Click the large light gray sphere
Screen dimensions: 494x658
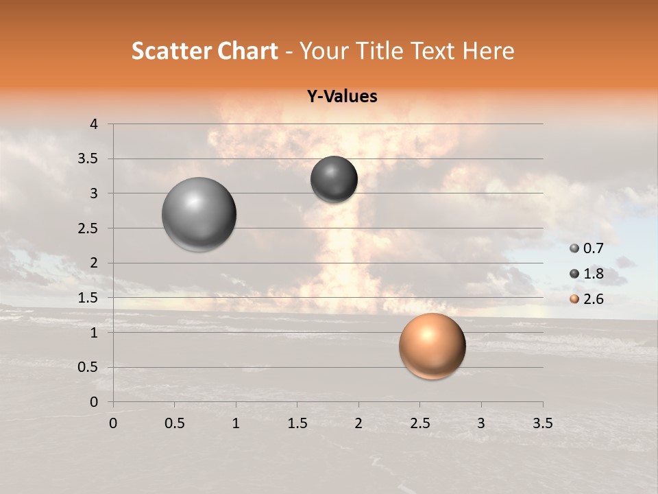click(x=199, y=214)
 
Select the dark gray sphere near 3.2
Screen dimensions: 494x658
click(x=334, y=179)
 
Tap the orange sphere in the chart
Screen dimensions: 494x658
click(x=432, y=346)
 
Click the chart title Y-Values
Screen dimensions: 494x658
click(x=341, y=97)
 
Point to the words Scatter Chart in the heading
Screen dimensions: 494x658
click(x=204, y=51)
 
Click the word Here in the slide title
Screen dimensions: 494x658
click(x=488, y=51)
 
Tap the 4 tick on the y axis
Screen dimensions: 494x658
click(x=95, y=124)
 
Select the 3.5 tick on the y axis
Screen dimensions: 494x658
click(x=88, y=159)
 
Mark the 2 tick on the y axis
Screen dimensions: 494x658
click(x=95, y=263)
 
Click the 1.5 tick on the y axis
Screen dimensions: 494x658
click(x=88, y=298)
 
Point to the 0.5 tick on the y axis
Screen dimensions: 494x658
click(x=88, y=367)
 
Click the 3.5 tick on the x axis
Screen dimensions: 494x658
click(x=542, y=423)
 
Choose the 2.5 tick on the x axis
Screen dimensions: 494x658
click(x=419, y=423)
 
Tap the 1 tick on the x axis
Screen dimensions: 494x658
click(x=236, y=423)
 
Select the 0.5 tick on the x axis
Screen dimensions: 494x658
click(x=174, y=423)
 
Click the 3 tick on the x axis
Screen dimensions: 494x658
click(x=481, y=423)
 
